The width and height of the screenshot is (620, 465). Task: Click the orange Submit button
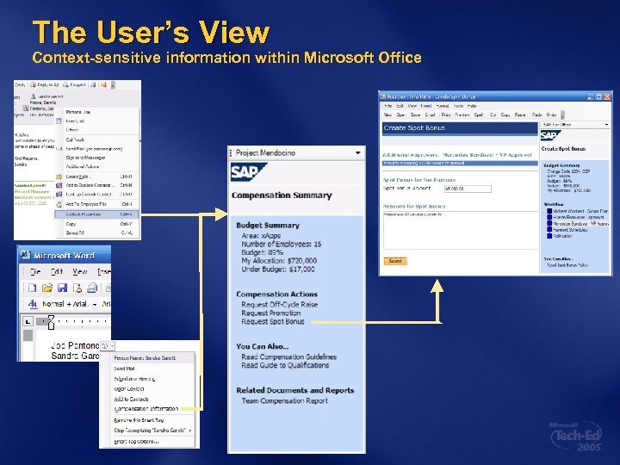pos(394,260)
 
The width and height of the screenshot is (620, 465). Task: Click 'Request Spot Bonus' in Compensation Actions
pos(273,321)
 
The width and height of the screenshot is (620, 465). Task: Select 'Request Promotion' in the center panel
pos(271,313)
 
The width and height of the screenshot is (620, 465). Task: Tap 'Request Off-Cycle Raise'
pos(279,304)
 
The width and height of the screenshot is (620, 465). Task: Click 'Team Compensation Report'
pos(284,400)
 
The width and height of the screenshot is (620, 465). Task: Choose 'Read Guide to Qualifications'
pos(285,365)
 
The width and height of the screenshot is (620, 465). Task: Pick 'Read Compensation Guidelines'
pos(288,356)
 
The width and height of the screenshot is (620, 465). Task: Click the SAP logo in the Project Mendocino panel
pos(249,172)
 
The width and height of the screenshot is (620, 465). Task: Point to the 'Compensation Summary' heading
pos(281,195)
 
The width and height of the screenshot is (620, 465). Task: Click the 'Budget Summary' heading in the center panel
pos(268,226)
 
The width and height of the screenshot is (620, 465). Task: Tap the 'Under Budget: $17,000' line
pos(278,269)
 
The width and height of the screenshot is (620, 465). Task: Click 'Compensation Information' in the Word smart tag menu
pos(146,408)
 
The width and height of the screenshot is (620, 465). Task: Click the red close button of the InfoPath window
pos(606,96)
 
